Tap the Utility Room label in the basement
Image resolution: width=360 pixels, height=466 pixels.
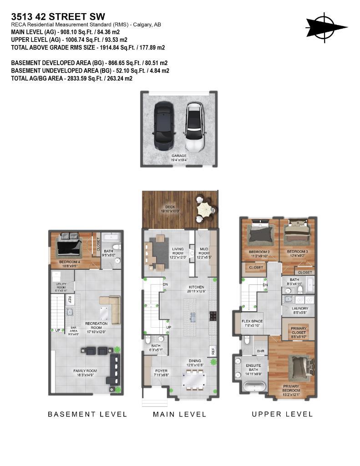coord(61,286)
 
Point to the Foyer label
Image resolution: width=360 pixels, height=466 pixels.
coord(161,373)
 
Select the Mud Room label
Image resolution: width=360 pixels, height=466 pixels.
coord(204,251)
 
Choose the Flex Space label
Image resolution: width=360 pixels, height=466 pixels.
coord(252,323)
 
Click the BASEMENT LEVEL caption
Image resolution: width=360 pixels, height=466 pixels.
coord(87,414)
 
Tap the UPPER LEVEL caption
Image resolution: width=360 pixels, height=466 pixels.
coord(282,414)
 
